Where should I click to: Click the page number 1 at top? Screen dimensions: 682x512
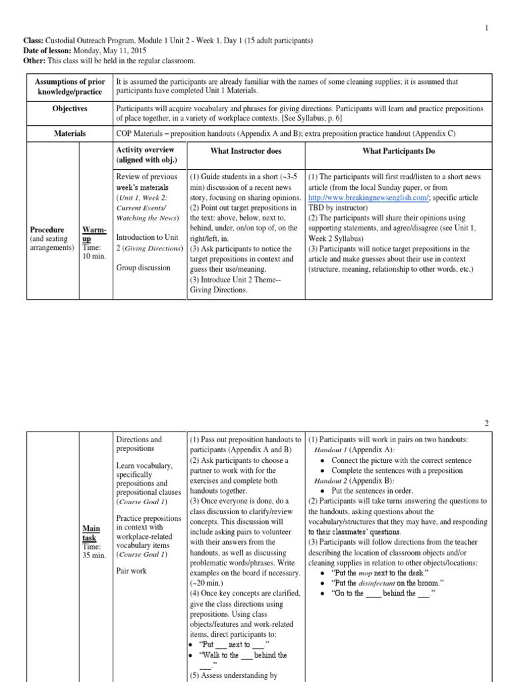tap(487, 28)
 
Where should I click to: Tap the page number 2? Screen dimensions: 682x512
tap(487, 423)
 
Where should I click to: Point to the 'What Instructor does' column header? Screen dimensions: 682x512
tap(245, 151)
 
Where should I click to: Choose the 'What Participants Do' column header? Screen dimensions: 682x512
tap(398, 151)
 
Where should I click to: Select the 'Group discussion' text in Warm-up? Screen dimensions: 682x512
tap(143, 268)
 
